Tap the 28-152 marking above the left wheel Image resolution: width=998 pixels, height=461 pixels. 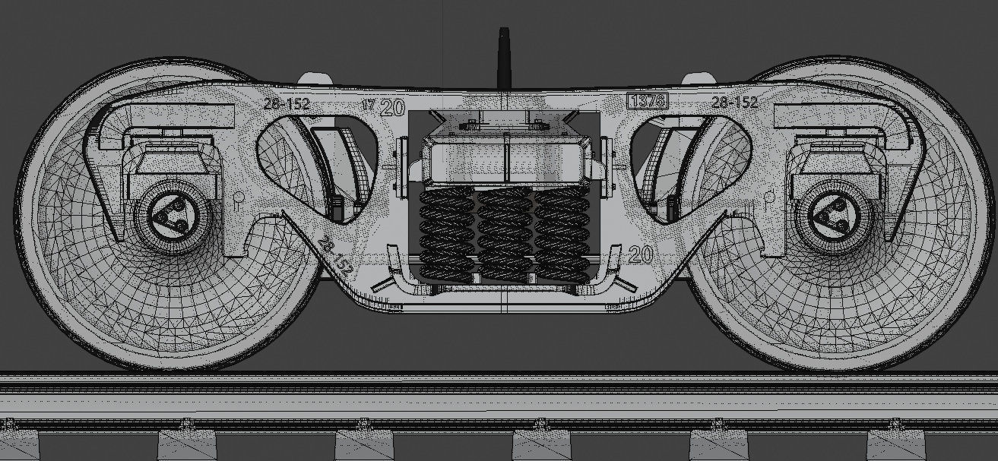coord(287,104)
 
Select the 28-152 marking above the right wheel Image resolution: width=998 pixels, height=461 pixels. coord(733,102)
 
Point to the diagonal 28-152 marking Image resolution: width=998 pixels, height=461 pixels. coord(334,257)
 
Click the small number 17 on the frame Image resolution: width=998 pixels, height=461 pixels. coord(368,105)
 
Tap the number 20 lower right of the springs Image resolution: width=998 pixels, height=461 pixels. coord(640,254)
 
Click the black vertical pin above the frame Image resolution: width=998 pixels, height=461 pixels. coord(502,57)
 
